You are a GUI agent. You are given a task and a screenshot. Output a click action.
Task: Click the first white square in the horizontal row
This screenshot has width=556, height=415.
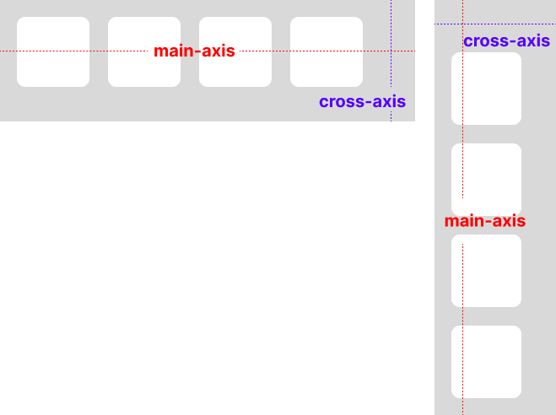pos(53,51)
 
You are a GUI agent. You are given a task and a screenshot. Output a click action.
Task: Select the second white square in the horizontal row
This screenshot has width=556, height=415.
pos(144,51)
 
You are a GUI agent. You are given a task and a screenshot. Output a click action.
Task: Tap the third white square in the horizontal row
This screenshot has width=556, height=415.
pos(235,51)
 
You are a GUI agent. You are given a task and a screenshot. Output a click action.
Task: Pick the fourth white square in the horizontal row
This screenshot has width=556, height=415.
pos(327,51)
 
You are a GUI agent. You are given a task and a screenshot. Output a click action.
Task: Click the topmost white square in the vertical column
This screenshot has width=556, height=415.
pos(486,89)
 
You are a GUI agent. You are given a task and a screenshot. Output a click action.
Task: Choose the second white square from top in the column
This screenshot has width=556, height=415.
pos(486,179)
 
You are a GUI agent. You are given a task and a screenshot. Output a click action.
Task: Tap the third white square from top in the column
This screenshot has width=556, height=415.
pos(486,270)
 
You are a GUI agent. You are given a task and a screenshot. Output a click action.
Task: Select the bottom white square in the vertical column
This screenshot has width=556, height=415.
pos(486,361)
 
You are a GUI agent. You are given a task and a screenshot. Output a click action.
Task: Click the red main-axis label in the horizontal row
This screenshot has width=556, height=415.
pos(194,51)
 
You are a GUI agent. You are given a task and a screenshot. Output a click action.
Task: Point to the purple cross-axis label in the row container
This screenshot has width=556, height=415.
pos(362,101)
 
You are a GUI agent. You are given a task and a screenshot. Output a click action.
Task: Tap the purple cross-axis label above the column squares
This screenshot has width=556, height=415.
pos(506,40)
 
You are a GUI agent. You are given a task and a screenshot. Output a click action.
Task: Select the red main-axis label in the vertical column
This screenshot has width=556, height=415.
pos(485,221)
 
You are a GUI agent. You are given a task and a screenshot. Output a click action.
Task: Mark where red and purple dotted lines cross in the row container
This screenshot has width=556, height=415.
pos(391,51)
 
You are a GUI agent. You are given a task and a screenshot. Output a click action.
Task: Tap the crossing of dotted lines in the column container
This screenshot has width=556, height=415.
pos(462,24)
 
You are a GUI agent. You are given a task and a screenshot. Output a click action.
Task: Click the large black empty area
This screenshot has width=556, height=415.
pos(211,270)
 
